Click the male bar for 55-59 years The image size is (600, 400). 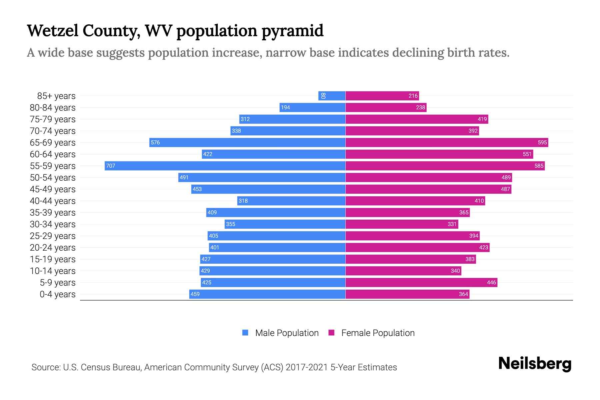pos(225,166)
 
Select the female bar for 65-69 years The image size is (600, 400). pos(447,142)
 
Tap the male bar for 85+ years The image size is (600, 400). pos(332,96)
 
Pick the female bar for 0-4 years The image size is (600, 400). pos(407,294)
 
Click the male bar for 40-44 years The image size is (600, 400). pos(291,201)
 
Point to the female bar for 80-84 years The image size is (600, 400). pos(386,107)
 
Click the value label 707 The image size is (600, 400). pos(110,166)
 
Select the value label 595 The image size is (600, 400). pos(542,142)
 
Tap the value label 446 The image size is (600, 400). pos(491,282)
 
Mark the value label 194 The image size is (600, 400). pos(285,107)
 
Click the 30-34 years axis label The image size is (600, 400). pos(53,224)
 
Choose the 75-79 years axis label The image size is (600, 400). pos(53,119)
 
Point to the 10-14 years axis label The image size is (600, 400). pos(53,271)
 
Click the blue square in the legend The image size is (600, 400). pos(245,333)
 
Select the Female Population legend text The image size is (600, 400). pos(378,333)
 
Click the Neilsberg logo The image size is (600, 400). pos(535,364)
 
